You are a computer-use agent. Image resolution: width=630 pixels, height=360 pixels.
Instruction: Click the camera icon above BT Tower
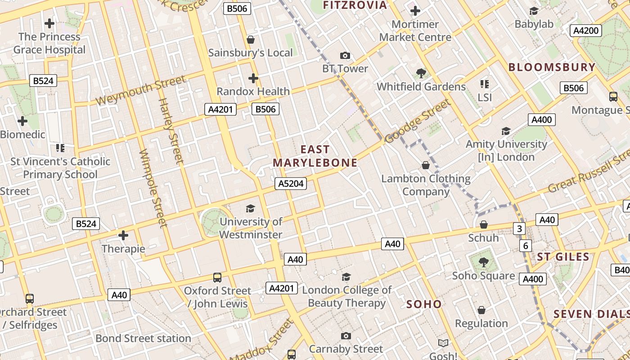(x=345, y=56)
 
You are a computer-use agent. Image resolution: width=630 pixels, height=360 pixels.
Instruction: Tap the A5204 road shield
(x=291, y=184)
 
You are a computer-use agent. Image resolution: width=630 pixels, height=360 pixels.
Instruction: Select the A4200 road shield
(x=586, y=31)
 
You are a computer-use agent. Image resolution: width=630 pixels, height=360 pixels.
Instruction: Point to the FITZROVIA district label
(x=355, y=5)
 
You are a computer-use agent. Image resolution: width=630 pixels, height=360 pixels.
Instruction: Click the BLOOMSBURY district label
(x=552, y=67)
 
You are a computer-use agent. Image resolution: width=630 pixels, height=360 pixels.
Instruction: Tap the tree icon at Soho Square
(x=483, y=261)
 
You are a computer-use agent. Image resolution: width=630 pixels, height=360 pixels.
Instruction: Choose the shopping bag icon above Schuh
(x=484, y=224)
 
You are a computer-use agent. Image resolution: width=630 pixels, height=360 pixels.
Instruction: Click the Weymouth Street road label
(x=140, y=90)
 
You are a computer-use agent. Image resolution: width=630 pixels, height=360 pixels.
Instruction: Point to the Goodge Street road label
(x=417, y=121)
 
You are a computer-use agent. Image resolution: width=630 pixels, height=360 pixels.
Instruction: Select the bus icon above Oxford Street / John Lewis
(x=217, y=277)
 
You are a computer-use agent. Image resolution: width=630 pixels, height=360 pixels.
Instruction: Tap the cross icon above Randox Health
(x=253, y=78)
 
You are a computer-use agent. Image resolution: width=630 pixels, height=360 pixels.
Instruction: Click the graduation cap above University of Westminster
(x=250, y=208)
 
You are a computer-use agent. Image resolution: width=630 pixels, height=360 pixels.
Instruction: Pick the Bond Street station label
(x=143, y=338)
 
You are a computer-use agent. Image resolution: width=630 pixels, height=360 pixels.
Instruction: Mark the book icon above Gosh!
(x=443, y=343)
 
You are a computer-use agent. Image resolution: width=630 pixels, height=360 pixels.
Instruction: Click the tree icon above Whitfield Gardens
(x=421, y=73)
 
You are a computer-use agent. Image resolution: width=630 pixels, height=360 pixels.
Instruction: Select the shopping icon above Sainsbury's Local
(x=251, y=40)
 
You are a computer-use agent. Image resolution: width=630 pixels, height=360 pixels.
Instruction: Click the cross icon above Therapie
(x=123, y=235)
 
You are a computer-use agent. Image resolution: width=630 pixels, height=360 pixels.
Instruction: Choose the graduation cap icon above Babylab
(x=534, y=11)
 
